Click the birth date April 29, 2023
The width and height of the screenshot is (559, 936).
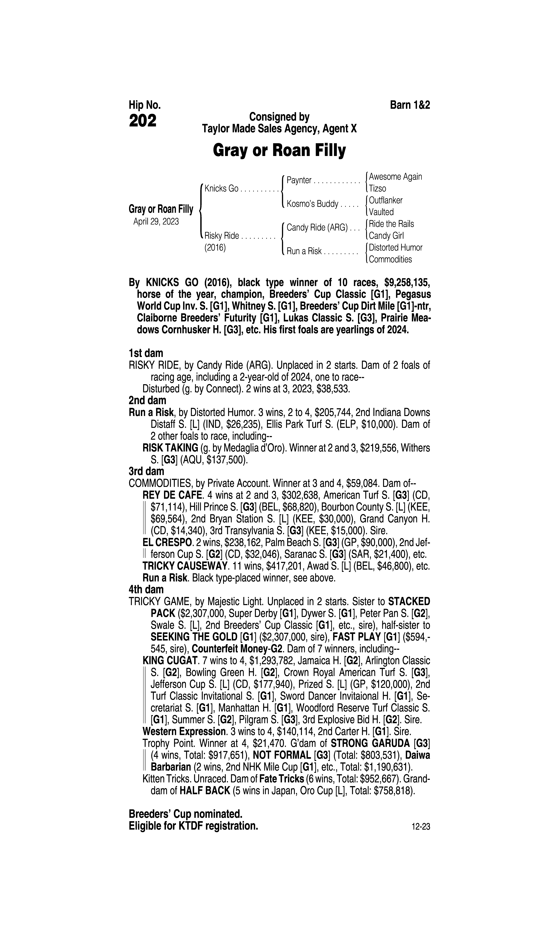pyautogui.click(x=156, y=221)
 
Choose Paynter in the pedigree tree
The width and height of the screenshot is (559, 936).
pyautogui.click(x=299, y=180)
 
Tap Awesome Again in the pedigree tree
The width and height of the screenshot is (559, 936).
pyautogui.click(x=396, y=176)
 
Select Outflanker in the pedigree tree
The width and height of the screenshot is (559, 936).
pyautogui.click(x=386, y=200)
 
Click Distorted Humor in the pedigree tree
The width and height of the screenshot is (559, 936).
pyautogui.click(x=396, y=248)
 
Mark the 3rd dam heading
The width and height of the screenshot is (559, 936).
pyautogui.click(x=147, y=471)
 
